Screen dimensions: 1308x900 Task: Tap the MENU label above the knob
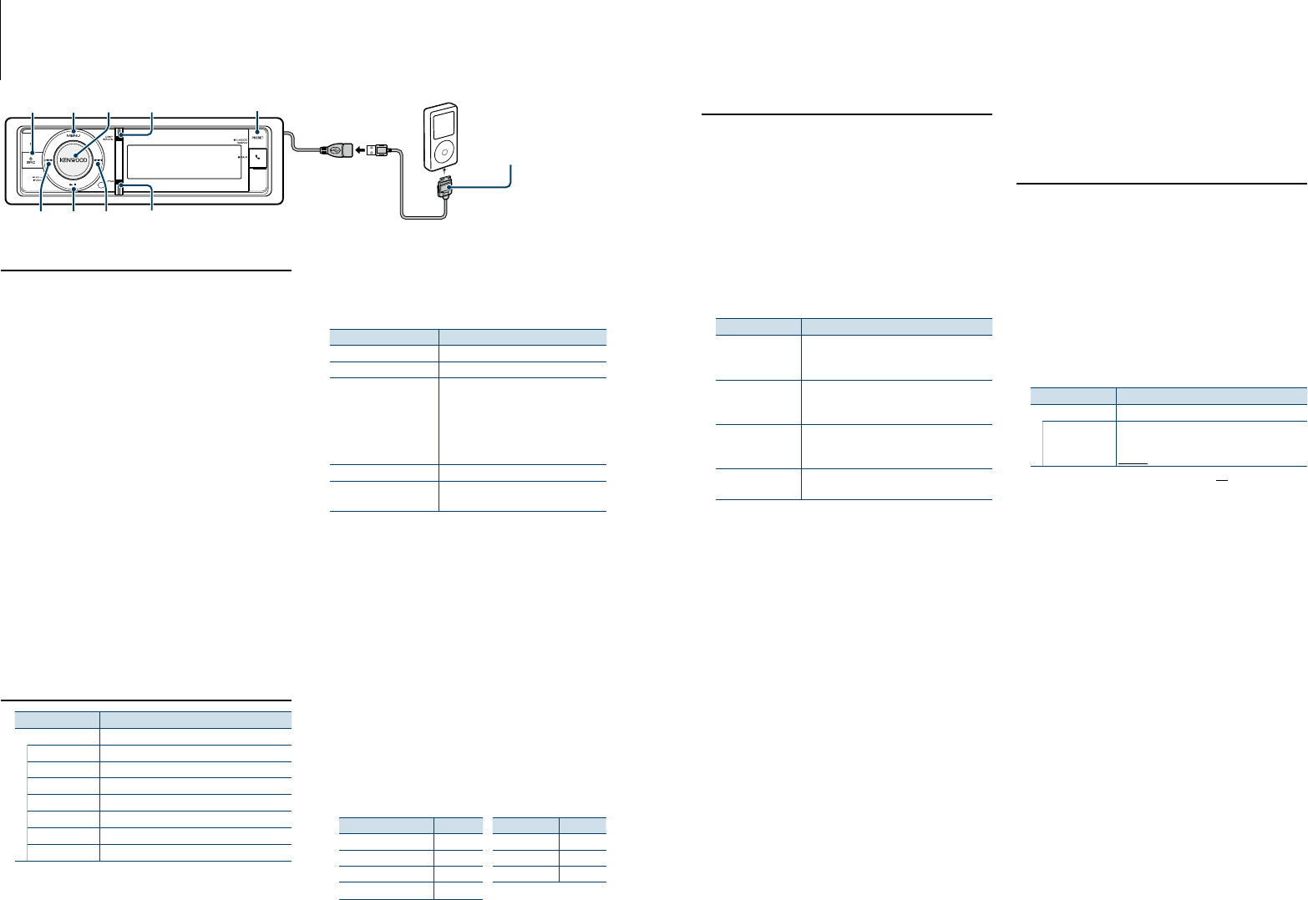coord(74,135)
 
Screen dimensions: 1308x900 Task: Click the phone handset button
coord(257,157)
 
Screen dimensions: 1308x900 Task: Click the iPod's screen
coord(438,119)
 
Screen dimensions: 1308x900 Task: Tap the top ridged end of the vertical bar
coord(120,134)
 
